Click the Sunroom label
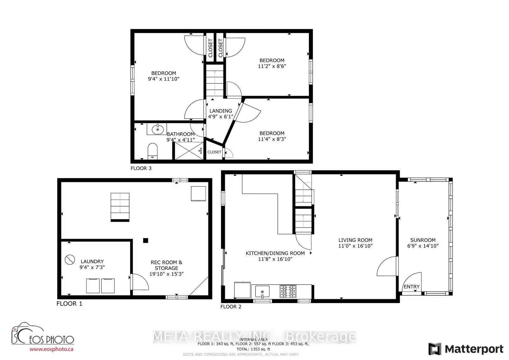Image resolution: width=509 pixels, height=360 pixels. pyautogui.click(x=423, y=240)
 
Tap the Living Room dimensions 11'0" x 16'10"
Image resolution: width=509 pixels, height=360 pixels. pyautogui.click(x=355, y=246)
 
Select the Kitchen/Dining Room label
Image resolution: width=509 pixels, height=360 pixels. pyautogui.click(x=275, y=253)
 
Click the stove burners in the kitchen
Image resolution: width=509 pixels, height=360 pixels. pyautogui.click(x=288, y=291)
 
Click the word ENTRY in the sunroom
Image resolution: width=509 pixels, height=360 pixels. pyautogui.click(x=412, y=287)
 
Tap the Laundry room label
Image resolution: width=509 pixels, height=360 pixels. pyautogui.click(x=92, y=262)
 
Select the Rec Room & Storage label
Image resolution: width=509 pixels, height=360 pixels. pyautogui.click(x=166, y=265)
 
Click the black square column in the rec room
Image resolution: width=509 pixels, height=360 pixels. pyautogui.click(x=145, y=241)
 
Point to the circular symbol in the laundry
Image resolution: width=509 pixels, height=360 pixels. pyautogui.click(x=70, y=260)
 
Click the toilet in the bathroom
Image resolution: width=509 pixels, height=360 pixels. pyautogui.click(x=153, y=151)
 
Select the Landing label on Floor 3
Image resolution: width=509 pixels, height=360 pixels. pyautogui.click(x=220, y=111)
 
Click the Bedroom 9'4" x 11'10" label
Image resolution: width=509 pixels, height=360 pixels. pyautogui.click(x=164, y=76)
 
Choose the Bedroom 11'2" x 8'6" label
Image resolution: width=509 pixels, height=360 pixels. pyautogui.click(x=272, y=63)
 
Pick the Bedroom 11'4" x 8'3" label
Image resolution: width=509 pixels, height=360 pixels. pyautogui.click(x=272, y=136)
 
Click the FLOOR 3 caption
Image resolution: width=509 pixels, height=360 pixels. pyautogui.click(x=141, y=168)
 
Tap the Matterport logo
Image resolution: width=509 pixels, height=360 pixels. pyautogui.click(x=466, y=349)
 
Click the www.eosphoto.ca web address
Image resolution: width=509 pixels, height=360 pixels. pyautogui.click(x=52, y=349)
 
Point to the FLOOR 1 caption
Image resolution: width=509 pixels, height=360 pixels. pyautogui.click(x=69, y=304)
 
